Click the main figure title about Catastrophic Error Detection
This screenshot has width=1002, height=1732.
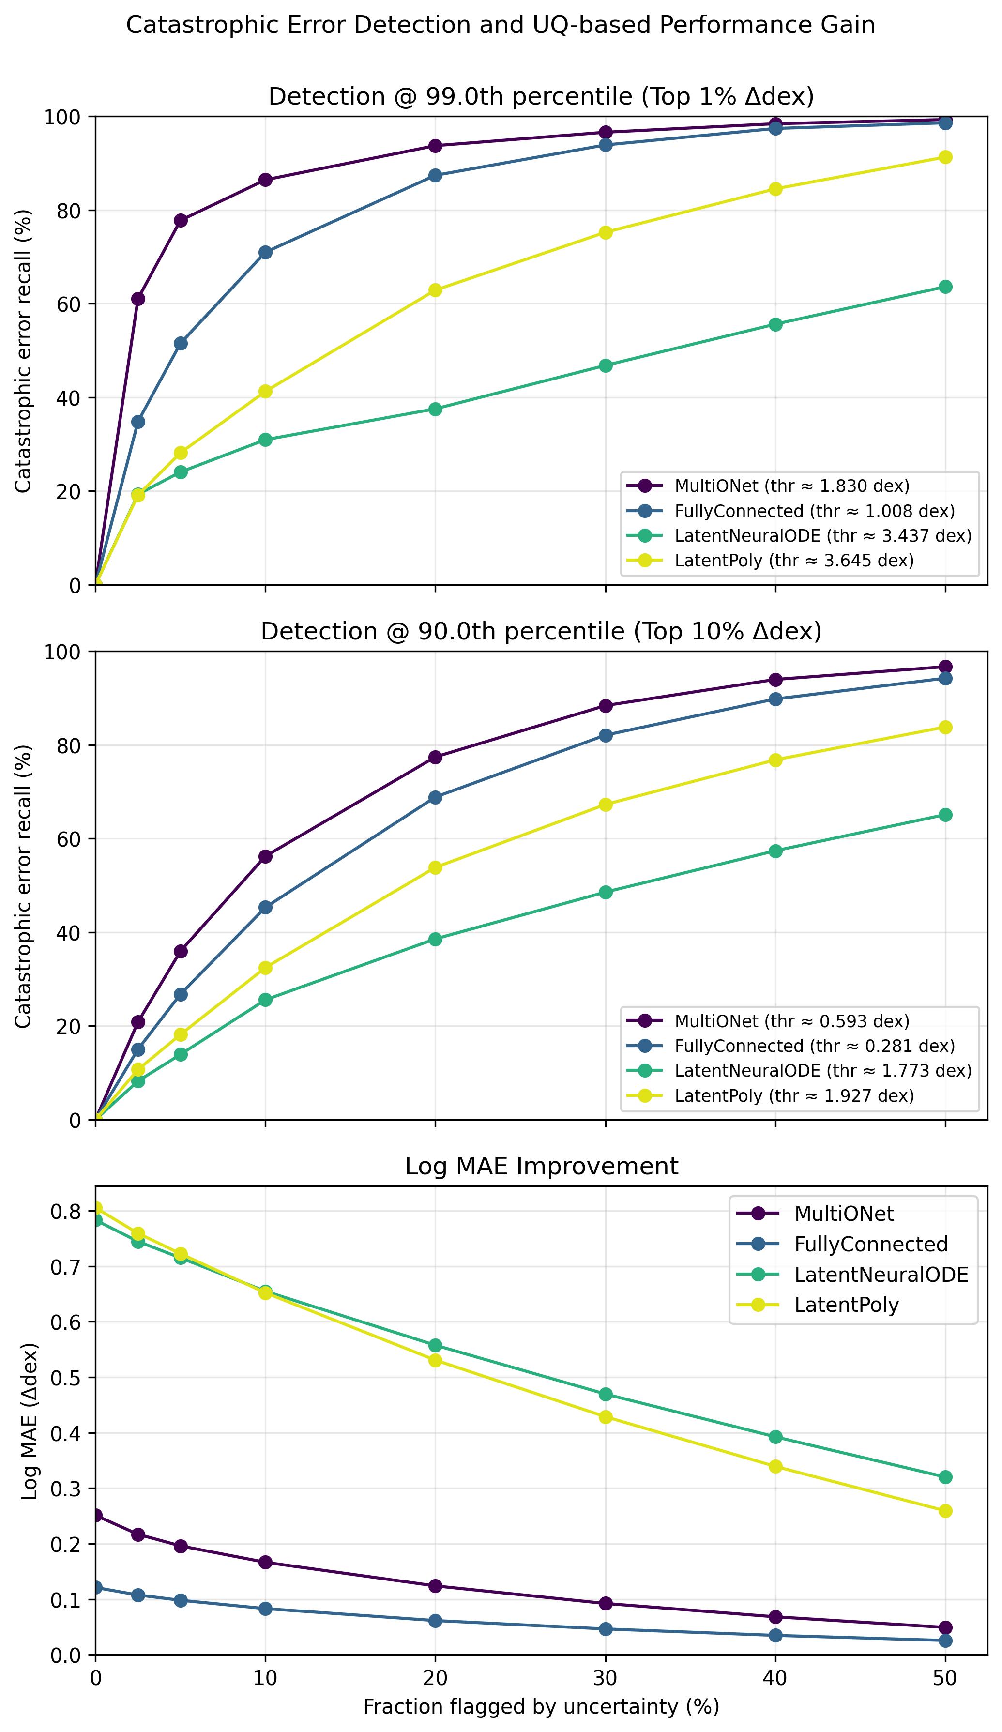[x=501, y=26]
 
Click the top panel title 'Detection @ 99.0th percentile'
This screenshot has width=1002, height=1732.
[x=541, y=96]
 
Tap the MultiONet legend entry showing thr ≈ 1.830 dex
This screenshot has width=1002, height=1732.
[x=791, y=486]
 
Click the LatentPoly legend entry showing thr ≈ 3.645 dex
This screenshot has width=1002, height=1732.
[x=794, y=560]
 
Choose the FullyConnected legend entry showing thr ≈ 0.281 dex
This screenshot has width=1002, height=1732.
[x=814, y=1046]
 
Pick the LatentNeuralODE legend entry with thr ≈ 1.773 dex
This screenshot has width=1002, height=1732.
[x=822, y=1070]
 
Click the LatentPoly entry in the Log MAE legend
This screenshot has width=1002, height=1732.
[x=846, y=1305]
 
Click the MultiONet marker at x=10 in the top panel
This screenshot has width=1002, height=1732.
[x=265, y=180]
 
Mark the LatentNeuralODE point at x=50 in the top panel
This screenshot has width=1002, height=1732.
[x=945, y=287]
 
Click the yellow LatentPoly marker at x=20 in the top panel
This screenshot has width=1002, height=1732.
[x=435, y=290]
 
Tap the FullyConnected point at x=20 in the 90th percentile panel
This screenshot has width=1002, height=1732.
[x=435, y=797]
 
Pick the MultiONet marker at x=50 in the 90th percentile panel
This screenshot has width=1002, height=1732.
[x=945, y=667]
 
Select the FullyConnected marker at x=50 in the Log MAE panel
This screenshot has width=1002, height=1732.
[x=945, y=1640]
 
